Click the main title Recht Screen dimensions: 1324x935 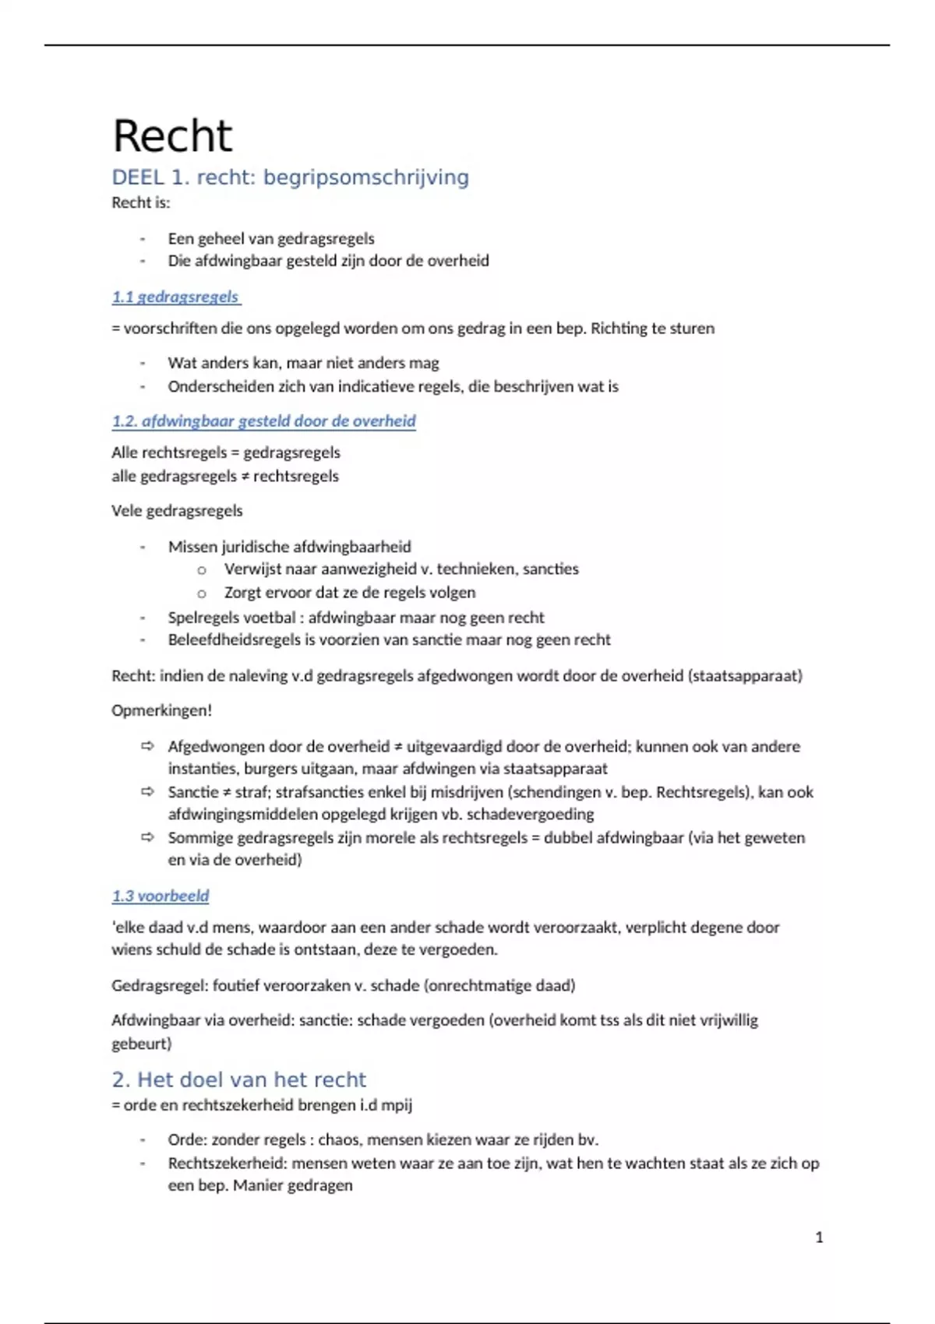(x=172, y=136)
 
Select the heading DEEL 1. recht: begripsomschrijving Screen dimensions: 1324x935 (x=290, y=178)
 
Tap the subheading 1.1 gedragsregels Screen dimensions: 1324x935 (x=175, y=297)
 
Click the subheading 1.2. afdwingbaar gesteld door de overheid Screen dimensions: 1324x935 (x=263, y=421)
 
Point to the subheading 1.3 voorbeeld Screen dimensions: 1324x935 (x=161, y=896)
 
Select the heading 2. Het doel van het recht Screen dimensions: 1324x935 (x=238, y=1079)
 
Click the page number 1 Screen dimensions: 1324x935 (x=819, y=1237)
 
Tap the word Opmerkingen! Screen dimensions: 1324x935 (x=162, y=710)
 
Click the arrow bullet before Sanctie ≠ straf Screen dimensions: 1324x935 (x=147, y=792)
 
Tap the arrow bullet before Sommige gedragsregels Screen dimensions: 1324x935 (x=147, y=838)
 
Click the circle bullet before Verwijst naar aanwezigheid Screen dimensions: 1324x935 (x=202, y=570)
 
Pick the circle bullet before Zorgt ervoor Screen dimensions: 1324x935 (x=202, y=593)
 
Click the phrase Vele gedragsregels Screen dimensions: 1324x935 (x=177, y=511)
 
